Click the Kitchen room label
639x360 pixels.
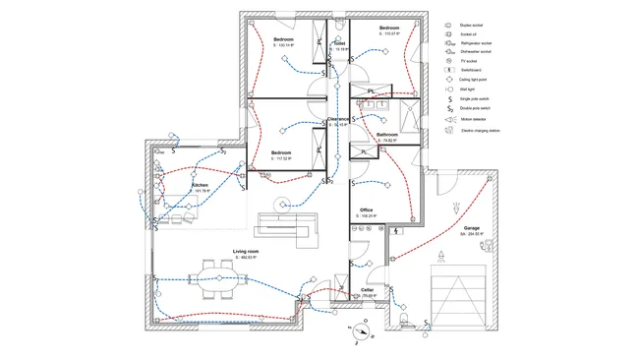pos(201,184)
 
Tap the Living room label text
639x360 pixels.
pos(246,252)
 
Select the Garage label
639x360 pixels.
pos(472,227)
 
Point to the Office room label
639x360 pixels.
pos(367,210)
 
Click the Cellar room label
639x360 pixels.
pos(367,290)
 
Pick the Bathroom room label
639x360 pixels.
pos(386,135)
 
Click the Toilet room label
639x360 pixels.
pos(339,43)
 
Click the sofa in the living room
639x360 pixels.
pos(285,225)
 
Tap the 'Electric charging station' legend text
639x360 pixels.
pos(483,130)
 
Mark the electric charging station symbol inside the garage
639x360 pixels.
pos(454,206)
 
